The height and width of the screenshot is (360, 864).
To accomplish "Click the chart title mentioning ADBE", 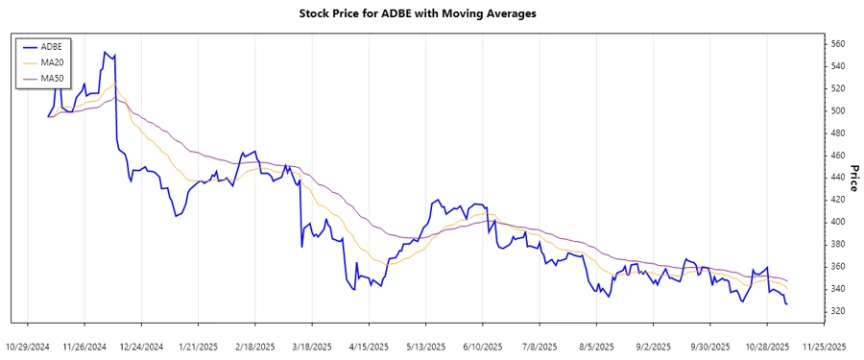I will tap(432, 13).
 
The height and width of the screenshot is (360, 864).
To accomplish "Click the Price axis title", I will tap(853, 178).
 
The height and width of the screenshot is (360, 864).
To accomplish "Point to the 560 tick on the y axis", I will tap(838, 44).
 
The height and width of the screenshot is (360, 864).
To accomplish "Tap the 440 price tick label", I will tap(838, 178).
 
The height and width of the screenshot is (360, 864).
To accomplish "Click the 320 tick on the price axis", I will tap(838, 311).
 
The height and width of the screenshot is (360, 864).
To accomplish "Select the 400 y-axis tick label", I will tap(838, 222).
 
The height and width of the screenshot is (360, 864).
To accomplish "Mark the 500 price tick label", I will tap(838, 111).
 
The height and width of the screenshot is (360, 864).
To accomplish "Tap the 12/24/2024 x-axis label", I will tap(141, 346).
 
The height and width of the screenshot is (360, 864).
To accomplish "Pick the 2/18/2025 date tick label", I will tap(255, 346).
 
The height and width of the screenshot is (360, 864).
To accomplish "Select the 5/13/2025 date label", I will tap(425, 346).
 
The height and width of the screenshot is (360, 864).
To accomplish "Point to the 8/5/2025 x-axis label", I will tap(597, 346).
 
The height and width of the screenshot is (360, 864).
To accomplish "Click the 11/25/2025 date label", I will tap(824, 346).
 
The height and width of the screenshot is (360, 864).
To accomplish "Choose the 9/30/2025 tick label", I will tap(710, 346).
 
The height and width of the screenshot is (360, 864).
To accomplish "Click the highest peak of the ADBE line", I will tap(105, 52).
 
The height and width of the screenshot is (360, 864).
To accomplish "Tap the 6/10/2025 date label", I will tap(483, 346).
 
